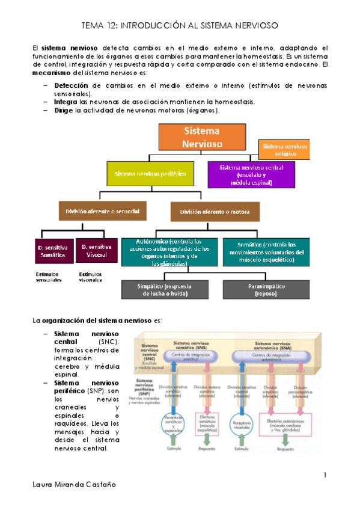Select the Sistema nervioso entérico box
[x=285, y=150]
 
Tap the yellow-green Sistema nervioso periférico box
[x=150, y=174]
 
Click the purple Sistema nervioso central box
[x=251, y=174]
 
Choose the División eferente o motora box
[x=206, y=212]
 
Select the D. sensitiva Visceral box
[x=97, y=251]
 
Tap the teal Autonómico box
[x=169, y=252]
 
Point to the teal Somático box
[x=266, y=252]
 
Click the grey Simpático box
[x=165, y=290]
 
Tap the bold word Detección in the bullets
[x=70, y=85]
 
